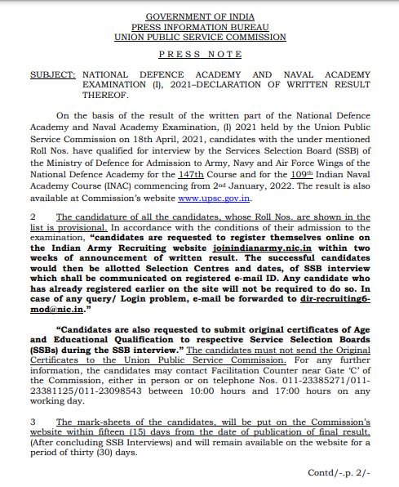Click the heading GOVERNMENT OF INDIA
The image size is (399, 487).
(199, 16)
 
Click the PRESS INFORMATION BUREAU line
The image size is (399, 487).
(199, 26)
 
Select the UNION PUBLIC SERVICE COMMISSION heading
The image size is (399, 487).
(199, 37)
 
